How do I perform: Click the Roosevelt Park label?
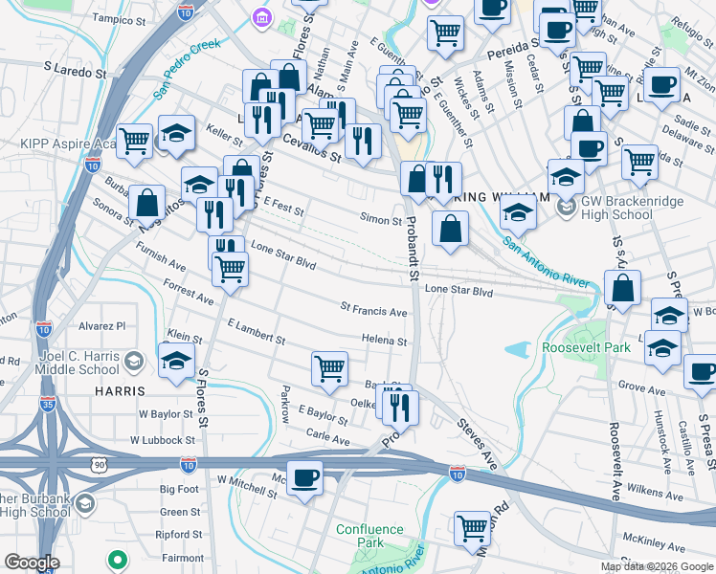click(x=586, y=347)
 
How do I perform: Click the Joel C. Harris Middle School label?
click(x=66, y=363)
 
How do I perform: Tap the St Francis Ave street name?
click(x=374, y=311)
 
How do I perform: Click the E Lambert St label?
click(x=257, y=333)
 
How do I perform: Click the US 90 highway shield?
click(x=99, y=464)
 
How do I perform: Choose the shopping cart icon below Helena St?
click(x=329, y=368)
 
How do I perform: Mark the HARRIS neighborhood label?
click(x=120, y=391)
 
